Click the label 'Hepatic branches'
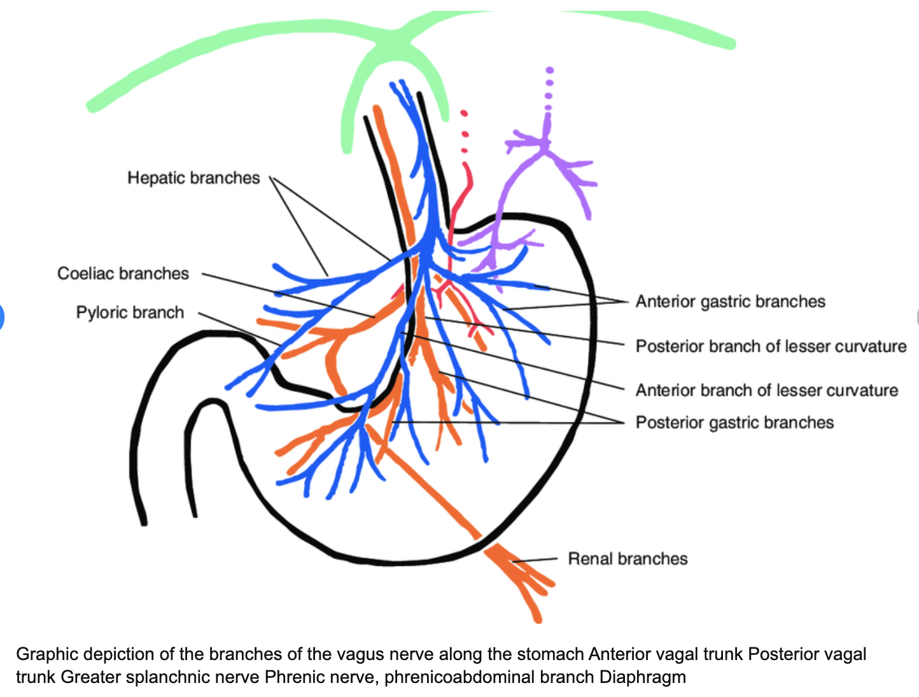193,178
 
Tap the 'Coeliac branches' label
123,273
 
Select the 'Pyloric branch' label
130,312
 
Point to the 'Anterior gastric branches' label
730,301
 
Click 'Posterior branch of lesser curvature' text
771,346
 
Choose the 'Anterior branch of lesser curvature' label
766,390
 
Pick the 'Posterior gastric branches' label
734,422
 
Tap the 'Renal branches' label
628,559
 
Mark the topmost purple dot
550,69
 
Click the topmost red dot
464,113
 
